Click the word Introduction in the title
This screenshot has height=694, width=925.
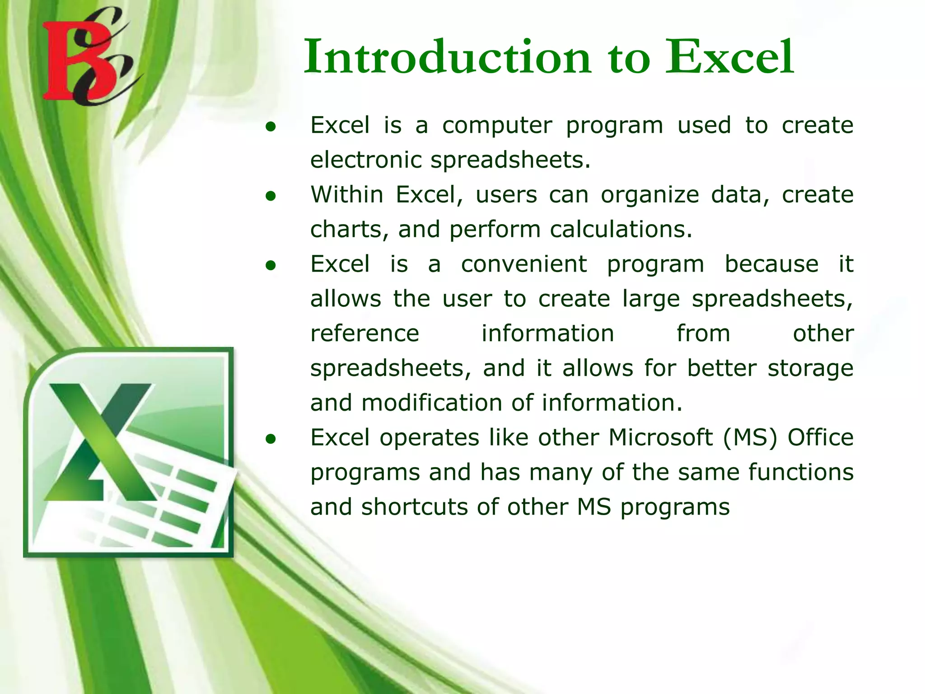tap(447, 57)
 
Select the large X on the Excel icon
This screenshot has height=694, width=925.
tap(102, 441)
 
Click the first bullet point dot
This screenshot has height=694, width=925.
tap(271, 127)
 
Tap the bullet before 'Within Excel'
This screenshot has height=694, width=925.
tap(271, 196)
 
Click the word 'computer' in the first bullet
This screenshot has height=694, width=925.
tap(496, 126)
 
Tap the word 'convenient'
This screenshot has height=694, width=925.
tap(524, 264)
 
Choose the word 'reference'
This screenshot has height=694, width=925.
tap(364, 334)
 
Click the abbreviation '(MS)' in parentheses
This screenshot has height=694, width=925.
tap(750, 437)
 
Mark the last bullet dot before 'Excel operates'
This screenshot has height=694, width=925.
tap(271, 439)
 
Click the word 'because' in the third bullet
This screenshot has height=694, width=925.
tap(771, 264)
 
